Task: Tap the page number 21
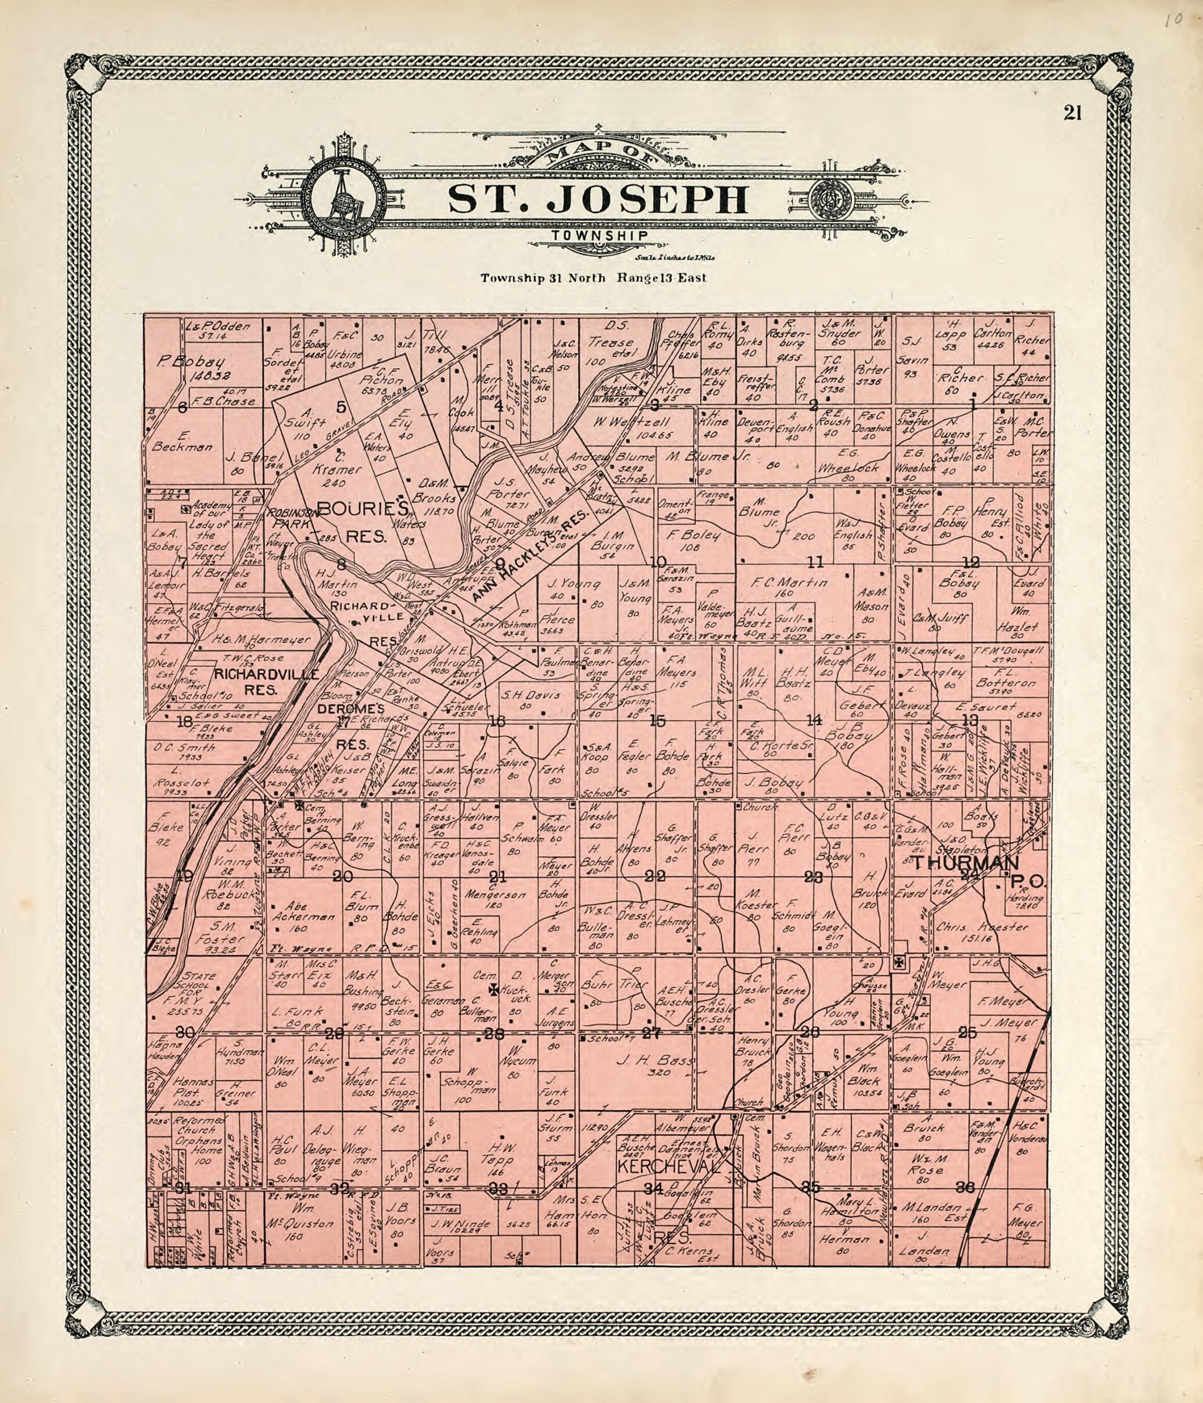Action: (x=1072, y=113)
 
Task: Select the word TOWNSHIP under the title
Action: (x=599, y=235)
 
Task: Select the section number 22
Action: (x=654, y=875)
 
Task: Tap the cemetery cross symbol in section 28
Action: (x=495, y=989)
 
